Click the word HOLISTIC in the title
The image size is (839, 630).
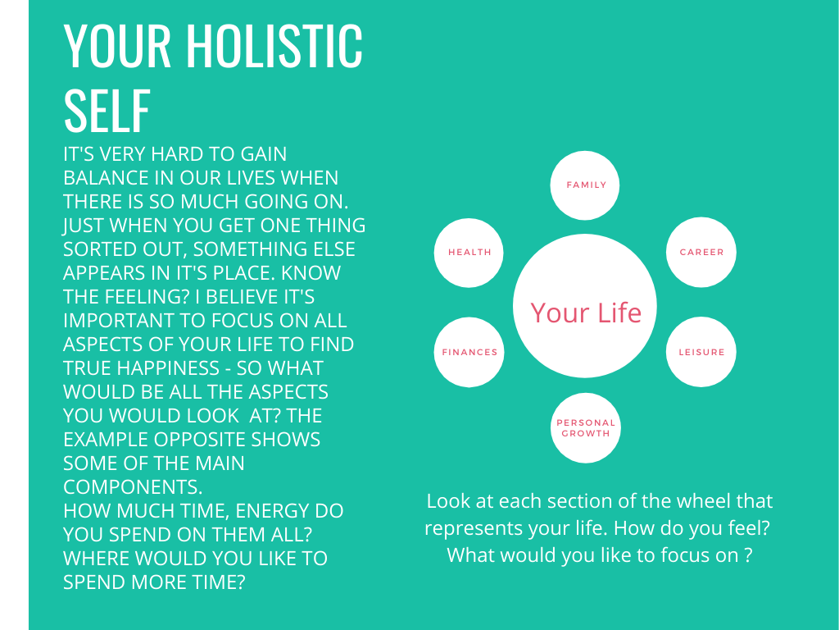(x=274, y=46)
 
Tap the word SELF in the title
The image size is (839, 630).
(x=107, y=111)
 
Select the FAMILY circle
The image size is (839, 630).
(x=585, y=185)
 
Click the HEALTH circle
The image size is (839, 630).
(x=469, y=253)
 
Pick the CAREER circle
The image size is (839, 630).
(x=701, y=253)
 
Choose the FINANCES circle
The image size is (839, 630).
(x=469, y=352)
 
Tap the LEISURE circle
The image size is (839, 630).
(x=701, y=352)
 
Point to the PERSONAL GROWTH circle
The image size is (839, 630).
(x=585, y=427)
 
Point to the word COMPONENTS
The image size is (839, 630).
(x=133, y=487)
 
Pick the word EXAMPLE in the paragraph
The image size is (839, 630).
(x=106, y=440)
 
